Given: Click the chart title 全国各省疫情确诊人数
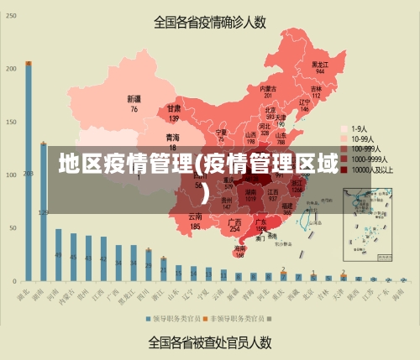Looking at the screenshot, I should [209, 22].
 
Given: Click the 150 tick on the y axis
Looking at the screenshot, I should [11, 123].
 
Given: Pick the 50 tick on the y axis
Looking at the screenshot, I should [13, 228].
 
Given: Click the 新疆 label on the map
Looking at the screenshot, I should [134, 99].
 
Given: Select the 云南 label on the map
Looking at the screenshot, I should [195, 217].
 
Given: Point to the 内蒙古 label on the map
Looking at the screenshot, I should [267, 88].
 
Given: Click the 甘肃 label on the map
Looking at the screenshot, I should [174, 108].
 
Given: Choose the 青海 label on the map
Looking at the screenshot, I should [172, 136].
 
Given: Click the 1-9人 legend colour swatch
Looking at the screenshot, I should [344, 128].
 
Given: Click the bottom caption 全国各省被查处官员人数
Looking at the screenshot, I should [209, 342].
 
